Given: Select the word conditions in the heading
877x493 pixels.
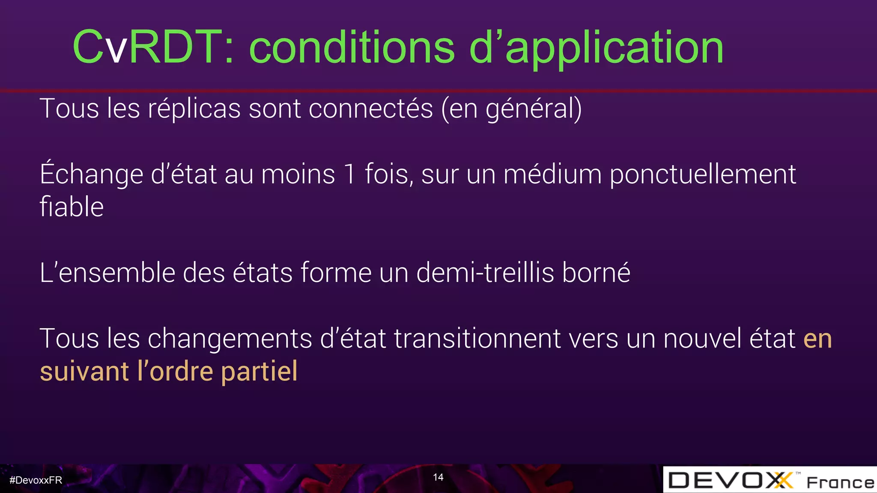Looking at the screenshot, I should (x=352, y=48).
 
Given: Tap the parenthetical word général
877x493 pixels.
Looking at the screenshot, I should (x=534, y=109).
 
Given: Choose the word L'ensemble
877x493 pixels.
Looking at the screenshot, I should (x=107, y=273).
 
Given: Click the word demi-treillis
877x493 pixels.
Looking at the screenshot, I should (x=485, y=273).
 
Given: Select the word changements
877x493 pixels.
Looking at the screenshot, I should (x=230, y=339).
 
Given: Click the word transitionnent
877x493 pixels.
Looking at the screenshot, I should (x=477, y=339).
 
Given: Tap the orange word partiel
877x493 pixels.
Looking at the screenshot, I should (x=259, y=371).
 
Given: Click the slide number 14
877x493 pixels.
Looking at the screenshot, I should (x=438, y=477).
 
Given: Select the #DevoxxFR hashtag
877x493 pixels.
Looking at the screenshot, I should (x=36, y=480).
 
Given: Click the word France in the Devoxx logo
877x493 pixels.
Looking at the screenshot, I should (x=840, y=482).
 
